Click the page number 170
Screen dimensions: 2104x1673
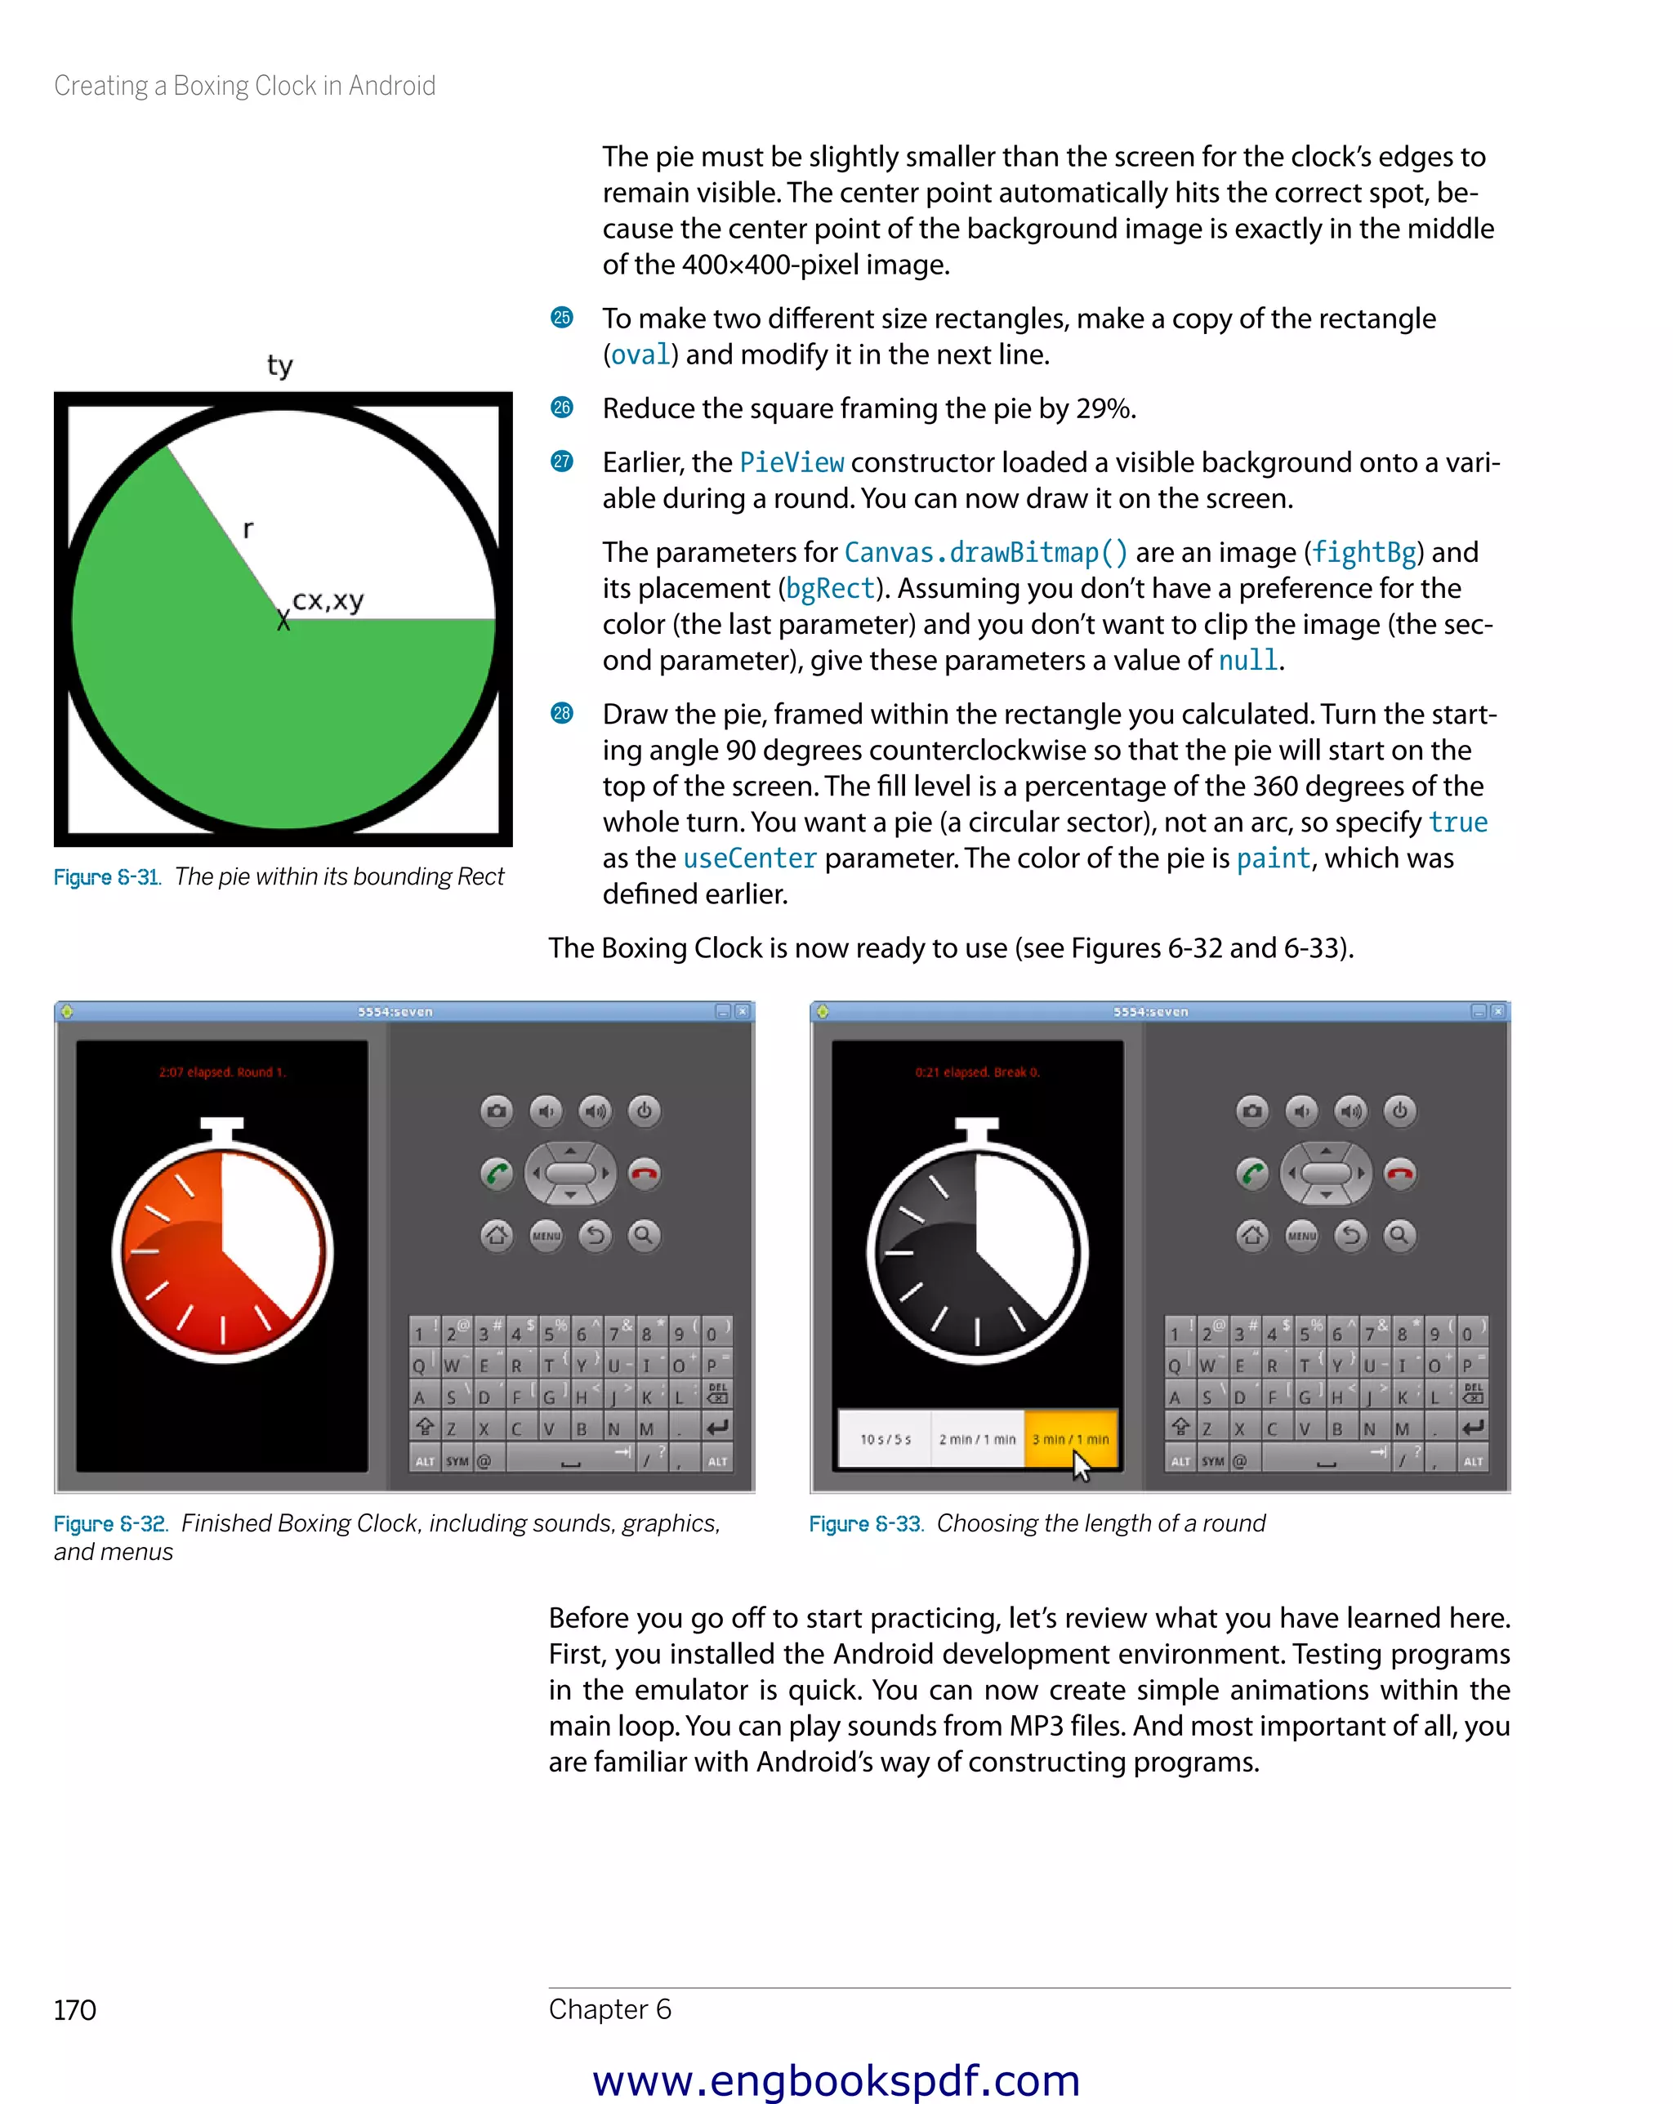point(75,2010)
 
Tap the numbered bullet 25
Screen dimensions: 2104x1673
point(561,319)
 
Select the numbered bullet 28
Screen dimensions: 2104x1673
point(561,713)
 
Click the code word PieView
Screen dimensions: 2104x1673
point(791,462)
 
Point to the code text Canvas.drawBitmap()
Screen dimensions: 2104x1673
point(985,552)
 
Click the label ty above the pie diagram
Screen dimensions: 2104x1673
point(279,365)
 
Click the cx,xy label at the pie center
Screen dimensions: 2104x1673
point(328,600)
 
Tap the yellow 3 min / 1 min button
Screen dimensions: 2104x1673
point(1070,1438)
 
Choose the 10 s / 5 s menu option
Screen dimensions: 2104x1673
point(885,1438)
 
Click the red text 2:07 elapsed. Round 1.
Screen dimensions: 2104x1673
point(221,1072)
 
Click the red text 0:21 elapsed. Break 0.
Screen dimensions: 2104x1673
point(977,1072)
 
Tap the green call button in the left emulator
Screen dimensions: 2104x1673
point(497,1173)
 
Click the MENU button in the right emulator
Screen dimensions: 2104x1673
point(1301,1236)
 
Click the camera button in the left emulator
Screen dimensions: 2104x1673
point(497,1111)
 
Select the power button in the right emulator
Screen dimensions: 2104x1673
point(1399,1111)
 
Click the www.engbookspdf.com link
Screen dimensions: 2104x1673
point(836,2080)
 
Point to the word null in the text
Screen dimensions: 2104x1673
point(1247,661)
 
